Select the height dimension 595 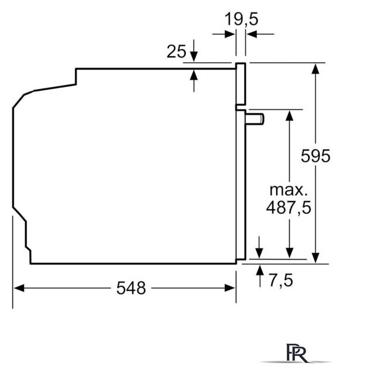[315, 156]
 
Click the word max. [288, 190]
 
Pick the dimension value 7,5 [281, 281]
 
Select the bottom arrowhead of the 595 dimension [315, 258]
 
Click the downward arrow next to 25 [194, 57]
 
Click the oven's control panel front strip [241, 85]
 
